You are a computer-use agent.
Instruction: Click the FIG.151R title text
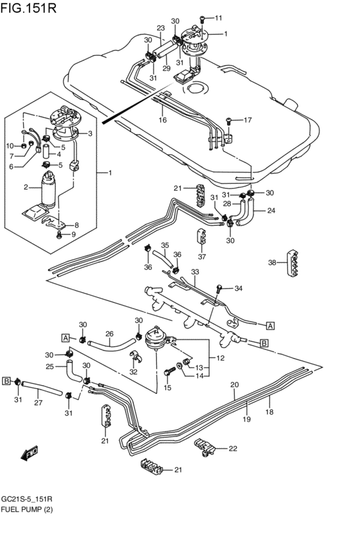click(28, 8)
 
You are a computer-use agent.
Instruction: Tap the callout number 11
click(219, 18)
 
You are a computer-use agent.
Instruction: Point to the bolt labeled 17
click(229, 121)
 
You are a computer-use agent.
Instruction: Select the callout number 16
click(163, 120)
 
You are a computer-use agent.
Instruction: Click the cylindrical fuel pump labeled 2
click(48, 190)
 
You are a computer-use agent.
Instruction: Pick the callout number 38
click(273, 262)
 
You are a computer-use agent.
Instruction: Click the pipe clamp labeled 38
click(294, 264)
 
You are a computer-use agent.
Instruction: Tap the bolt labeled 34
click(219, 289)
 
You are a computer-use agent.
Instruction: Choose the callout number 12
click(220, 358)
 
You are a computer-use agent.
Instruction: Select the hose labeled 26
click(111, 345)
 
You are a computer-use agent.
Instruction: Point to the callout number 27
click(38, 402)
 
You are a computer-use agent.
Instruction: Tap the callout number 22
click(233, 449)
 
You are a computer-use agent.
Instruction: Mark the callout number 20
click(235, 385)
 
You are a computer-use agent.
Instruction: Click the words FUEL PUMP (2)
click(27, 509)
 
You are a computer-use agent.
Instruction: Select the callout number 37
click(202, 256)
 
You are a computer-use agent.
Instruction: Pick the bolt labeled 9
click(59, 235)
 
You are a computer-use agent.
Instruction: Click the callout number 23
click(161, 28)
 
